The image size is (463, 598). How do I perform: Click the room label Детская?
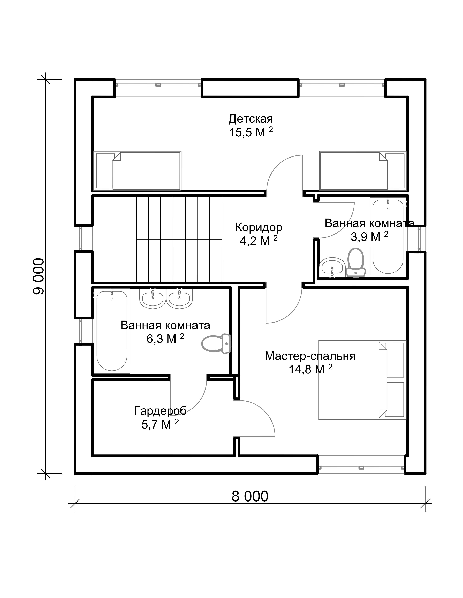[x=251, y=119]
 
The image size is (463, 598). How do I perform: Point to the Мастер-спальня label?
[x=310, y=356]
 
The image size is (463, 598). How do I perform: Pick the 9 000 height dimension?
[x=38, y=276]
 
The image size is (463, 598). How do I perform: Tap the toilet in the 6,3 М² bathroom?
[x=216, y=344]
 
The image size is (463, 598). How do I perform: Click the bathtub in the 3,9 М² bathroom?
[x=388, y=237]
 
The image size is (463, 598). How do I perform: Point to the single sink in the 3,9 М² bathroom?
[x=332, y=266]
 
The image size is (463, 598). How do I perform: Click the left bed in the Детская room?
[x=137, y=170]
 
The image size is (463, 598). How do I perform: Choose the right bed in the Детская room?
[x=363, y=170]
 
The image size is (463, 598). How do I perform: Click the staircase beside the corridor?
[x=179, y=239]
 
